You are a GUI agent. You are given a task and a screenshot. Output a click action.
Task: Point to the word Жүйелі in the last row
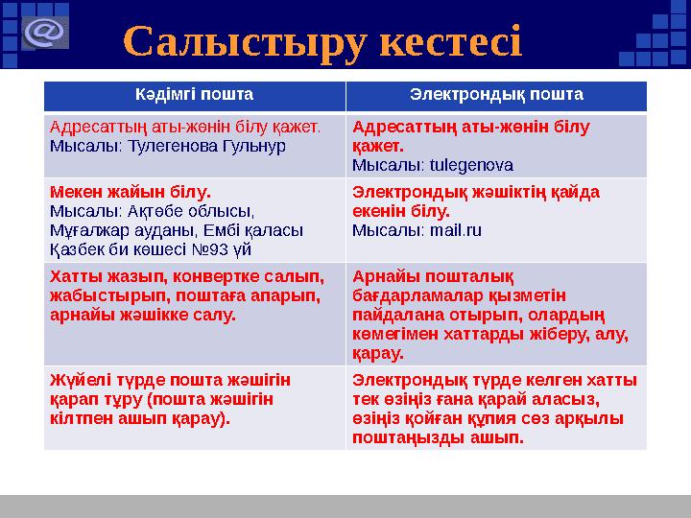coord(75,381)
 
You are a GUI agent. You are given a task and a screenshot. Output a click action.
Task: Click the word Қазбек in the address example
coord(76,248)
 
